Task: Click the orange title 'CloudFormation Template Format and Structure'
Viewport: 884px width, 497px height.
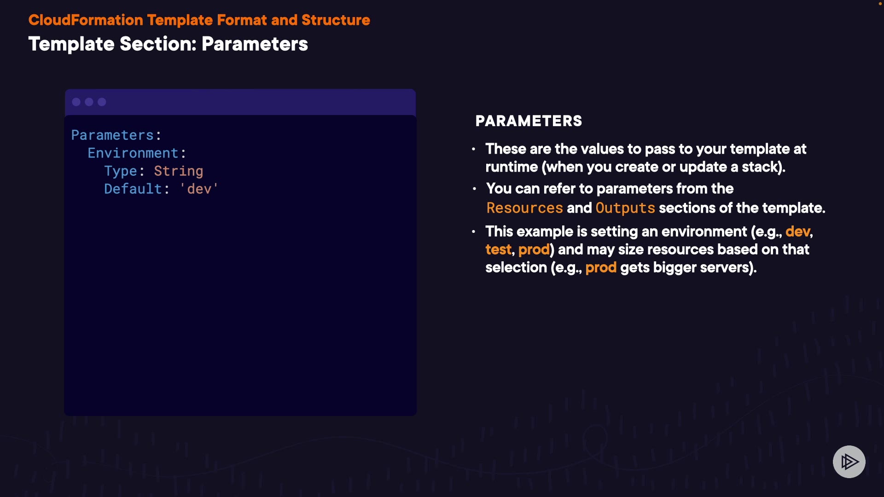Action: pos(199,20)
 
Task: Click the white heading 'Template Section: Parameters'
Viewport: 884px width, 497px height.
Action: pos(168,44)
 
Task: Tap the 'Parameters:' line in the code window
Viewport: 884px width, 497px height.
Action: pos(116,135)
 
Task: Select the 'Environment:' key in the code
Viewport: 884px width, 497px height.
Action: pos(137,153)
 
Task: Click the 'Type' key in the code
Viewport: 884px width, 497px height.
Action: pos(121,171)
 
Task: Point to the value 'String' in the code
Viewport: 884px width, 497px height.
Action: pos(179,171)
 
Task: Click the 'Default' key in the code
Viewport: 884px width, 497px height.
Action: pos(133,189)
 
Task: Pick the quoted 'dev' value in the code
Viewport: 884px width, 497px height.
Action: pos(199,189)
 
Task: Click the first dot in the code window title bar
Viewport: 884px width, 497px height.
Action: pos(76,102)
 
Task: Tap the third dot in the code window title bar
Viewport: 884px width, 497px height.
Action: pos(102,102)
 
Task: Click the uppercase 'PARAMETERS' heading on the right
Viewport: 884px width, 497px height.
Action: pos(529,121)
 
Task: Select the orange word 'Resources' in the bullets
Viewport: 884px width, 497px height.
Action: pos(525,208)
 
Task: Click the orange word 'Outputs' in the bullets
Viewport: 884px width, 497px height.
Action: pos(625,208)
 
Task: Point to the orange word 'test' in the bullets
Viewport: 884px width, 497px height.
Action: pos(498,249)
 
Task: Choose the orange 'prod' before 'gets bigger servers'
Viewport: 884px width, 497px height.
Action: pos(601,267)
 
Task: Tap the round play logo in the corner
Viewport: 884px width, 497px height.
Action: pos(849,462)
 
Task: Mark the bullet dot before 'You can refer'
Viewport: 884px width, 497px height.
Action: pos(474,189)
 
